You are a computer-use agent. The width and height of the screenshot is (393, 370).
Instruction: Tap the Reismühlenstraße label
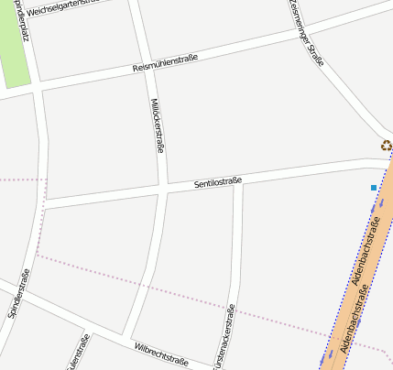click(x=166, y=62)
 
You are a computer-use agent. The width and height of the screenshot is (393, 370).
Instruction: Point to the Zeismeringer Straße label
click(x=306, y=33)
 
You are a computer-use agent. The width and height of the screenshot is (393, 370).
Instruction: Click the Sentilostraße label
click(x=218, y=182)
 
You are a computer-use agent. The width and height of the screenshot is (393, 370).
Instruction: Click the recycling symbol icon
click(x=387, y=145)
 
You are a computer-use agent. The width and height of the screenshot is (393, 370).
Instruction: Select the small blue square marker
click(x=374, y=188)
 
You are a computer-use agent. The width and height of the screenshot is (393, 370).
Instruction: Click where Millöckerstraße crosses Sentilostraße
click(x=163, y=188)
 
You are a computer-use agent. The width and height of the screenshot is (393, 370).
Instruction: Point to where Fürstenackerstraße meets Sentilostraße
click(x=239, y=180)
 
